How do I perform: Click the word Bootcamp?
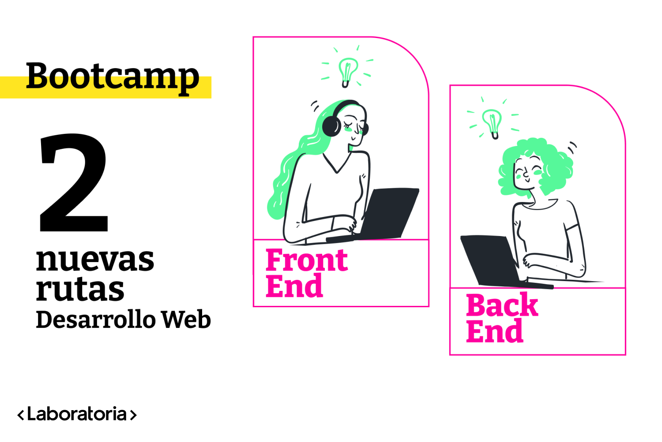point(113,76)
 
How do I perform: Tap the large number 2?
point(74,183)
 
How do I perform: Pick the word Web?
point(186,320)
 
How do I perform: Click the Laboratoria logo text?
point(77,414)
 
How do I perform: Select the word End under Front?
point(294,286)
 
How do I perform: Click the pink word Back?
point(502,305)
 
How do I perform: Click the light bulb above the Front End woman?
point(348,71)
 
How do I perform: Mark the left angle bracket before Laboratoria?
point(21,415)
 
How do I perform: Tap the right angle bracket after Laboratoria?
point(133,415)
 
